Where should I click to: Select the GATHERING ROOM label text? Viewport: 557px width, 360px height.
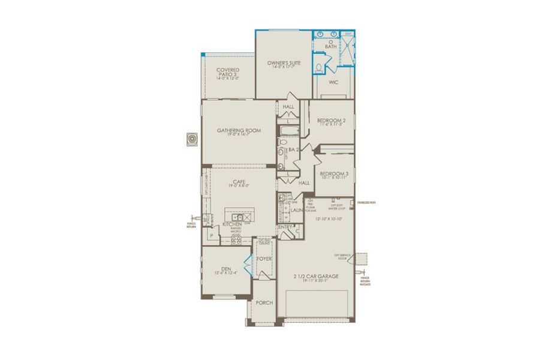(x=239, y=130)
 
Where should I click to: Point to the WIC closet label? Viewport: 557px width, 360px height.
(x=334, y=82)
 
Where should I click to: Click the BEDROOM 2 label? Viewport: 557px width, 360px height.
(x=331, y=120)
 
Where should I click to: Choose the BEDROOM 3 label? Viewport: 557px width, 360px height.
(x=334, y=173)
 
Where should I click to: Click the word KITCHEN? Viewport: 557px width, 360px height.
(x=232, y=224)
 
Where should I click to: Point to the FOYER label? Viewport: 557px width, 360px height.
(x=264, y=259)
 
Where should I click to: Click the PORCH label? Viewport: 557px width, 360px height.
(x=264, y=303)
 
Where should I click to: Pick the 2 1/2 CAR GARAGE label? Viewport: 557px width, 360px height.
(x=316, y=276)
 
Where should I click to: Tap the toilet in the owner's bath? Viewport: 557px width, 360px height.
(x=319, y=67)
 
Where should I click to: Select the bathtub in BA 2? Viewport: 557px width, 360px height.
(x=288, y=130)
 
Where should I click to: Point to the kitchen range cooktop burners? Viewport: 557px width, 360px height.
(x=236, y=241)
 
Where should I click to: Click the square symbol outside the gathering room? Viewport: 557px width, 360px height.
(x=192, y=139)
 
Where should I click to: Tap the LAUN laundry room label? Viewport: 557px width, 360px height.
(x=297, y=210)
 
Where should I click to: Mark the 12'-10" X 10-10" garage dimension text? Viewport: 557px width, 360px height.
(x=328, y=219)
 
